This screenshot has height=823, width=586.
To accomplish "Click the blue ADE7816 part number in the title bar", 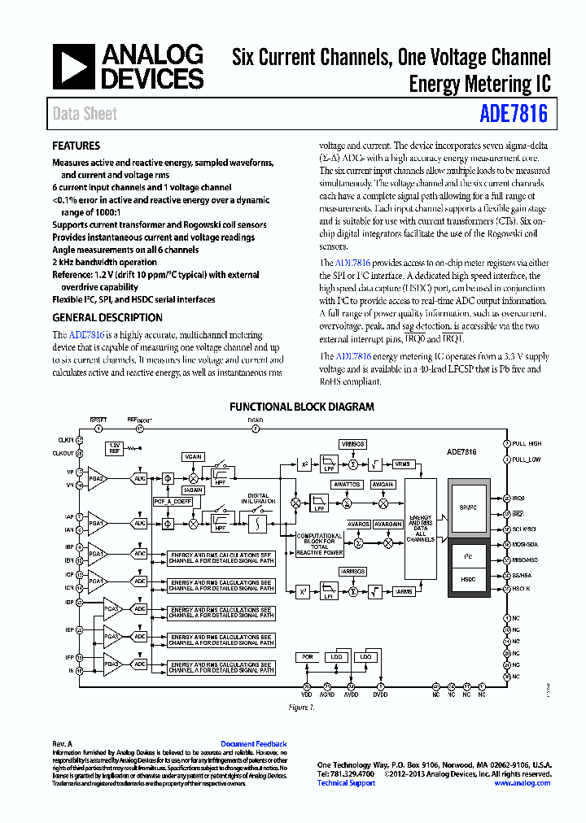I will point(514,114).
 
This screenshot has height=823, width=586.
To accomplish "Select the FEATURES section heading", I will point(76,146).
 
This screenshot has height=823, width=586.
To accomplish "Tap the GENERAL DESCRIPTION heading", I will point(107,318).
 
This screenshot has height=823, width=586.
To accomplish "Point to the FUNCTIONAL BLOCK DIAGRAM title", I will point(302,407).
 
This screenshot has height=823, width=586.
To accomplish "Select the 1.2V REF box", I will point(115,448).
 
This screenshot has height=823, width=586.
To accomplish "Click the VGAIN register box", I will point(193,457).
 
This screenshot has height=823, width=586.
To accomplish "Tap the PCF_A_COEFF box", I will point(172,502).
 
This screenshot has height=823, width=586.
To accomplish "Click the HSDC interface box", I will point(468,578).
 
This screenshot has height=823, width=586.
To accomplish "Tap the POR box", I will point(307,656).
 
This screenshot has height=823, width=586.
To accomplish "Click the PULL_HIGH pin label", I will point(527,444).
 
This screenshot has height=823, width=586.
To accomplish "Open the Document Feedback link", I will point(253,744).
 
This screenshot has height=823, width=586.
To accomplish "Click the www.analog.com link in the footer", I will point(522,783).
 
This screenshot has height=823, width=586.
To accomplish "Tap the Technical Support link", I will point(346,783).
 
